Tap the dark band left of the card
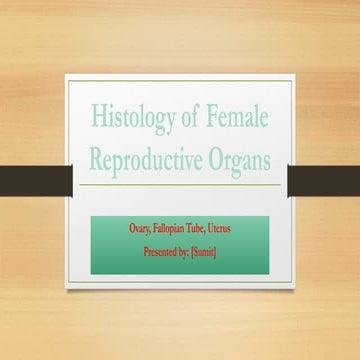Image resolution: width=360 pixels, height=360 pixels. point(35,178)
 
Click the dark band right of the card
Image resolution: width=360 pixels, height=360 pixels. point(324,178)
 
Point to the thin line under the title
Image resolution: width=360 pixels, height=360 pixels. point(180,185)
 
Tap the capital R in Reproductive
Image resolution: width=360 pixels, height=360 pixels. point(97,159)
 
